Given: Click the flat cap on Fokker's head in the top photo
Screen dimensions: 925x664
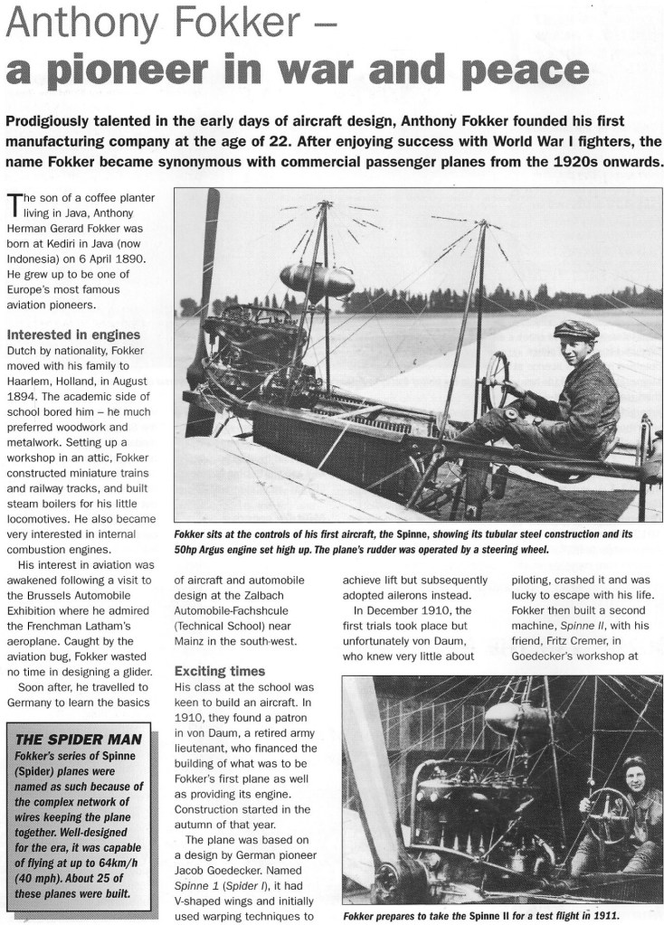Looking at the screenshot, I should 576,328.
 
